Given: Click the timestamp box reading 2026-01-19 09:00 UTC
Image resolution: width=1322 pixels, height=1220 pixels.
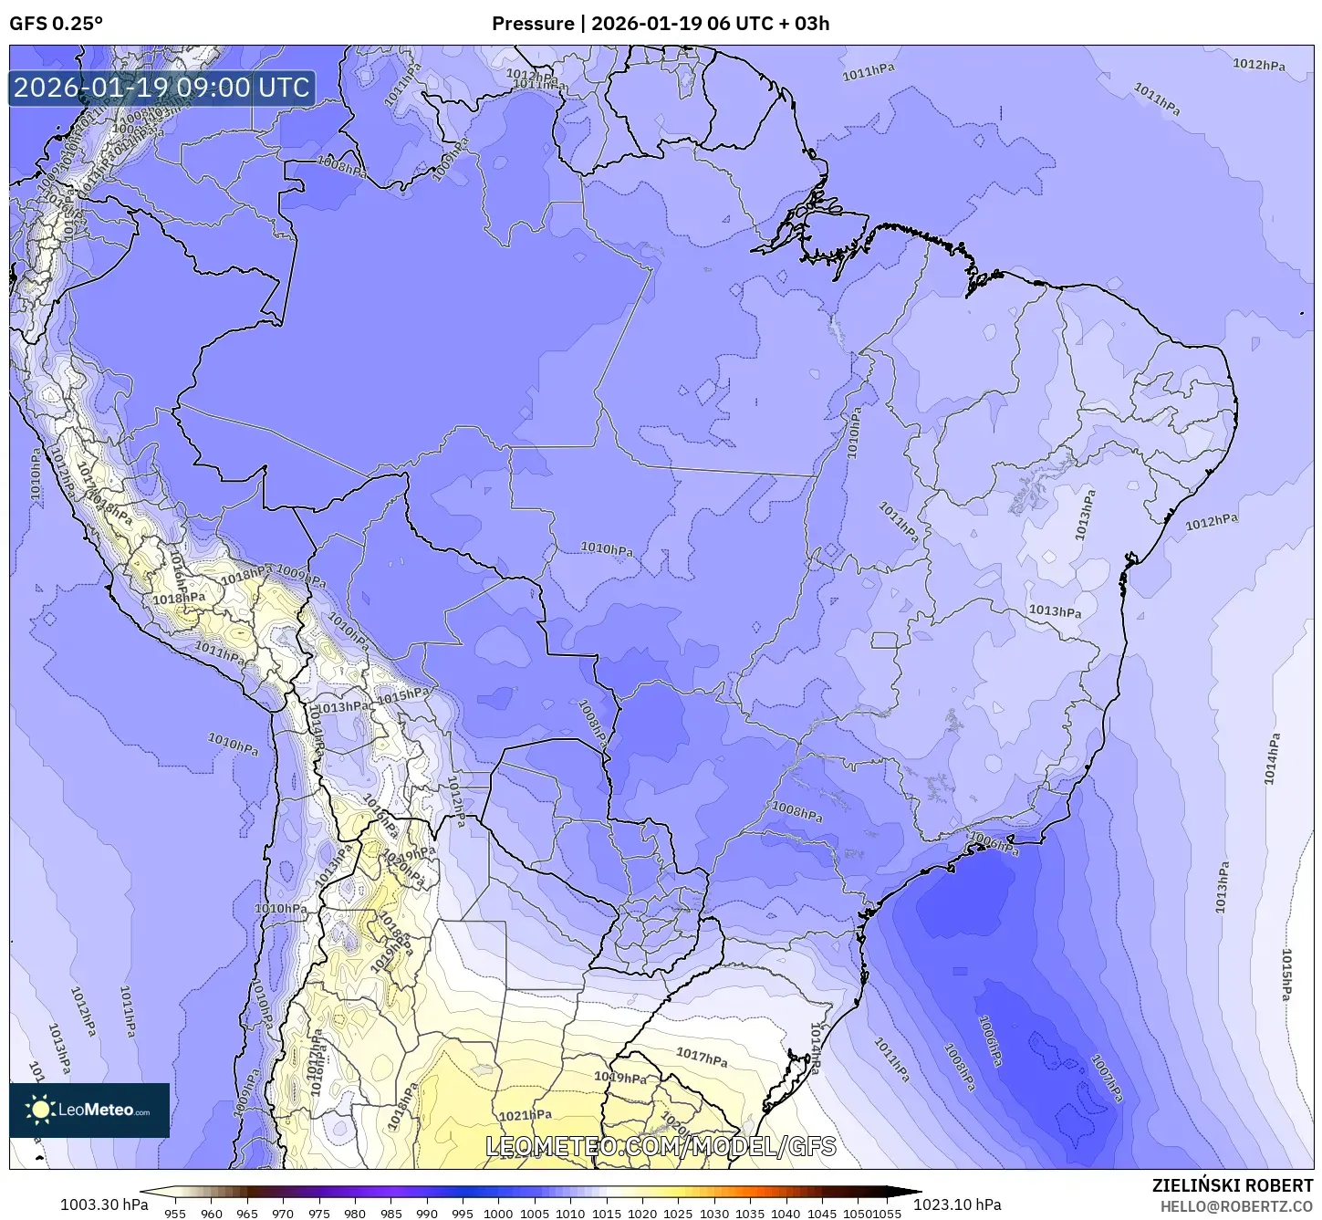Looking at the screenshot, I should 161,88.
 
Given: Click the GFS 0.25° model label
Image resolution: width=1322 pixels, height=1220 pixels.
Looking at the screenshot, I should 56,24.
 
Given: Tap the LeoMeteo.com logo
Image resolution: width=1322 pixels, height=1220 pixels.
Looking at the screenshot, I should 89,1110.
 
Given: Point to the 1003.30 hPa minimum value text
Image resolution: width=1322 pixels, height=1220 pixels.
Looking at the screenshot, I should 103,1204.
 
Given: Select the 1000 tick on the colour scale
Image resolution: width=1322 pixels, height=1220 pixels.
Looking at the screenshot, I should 498,1213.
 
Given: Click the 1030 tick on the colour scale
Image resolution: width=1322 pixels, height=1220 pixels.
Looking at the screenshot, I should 713,1213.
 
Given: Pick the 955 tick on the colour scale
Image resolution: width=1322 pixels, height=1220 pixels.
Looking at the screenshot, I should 174,1213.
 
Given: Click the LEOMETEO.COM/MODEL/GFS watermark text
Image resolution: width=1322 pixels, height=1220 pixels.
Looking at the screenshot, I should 661,1146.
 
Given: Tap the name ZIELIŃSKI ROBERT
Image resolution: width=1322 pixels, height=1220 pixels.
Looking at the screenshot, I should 1233,1185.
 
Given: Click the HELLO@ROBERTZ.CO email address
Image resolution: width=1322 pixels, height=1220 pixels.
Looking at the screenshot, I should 1237,1206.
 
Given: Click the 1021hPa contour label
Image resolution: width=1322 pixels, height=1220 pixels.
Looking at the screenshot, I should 526,1115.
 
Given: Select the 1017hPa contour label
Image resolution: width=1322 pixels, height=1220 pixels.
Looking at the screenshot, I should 702,1057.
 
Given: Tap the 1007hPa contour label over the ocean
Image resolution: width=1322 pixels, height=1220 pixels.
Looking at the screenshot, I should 1107,1078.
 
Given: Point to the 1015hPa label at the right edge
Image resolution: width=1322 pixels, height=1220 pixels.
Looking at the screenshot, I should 1286,975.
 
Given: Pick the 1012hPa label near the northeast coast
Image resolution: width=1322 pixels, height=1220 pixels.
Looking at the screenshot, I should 1212,522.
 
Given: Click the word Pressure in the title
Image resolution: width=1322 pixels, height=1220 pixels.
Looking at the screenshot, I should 533,24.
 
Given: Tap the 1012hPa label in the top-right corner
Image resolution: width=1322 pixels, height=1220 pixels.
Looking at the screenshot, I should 1259,65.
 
